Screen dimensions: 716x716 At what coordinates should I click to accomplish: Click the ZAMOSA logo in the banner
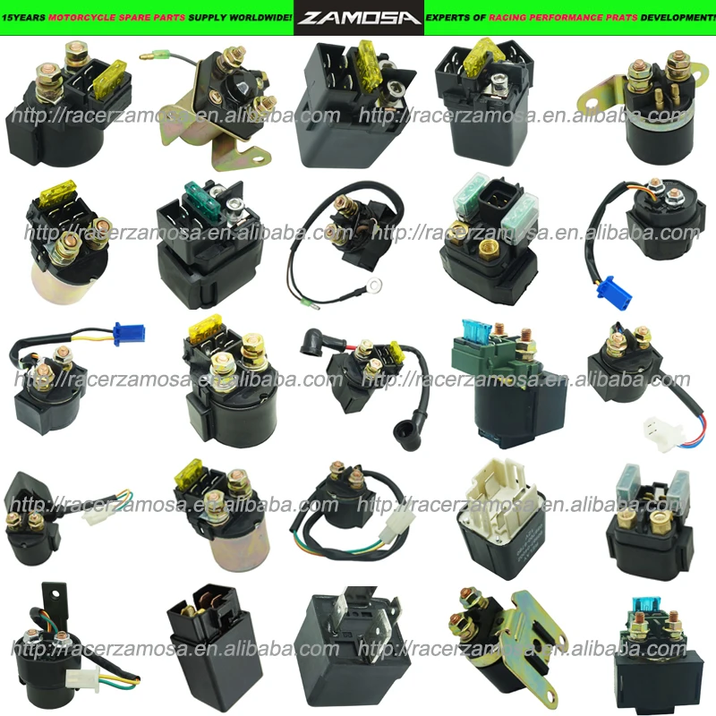coord(358,17)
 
